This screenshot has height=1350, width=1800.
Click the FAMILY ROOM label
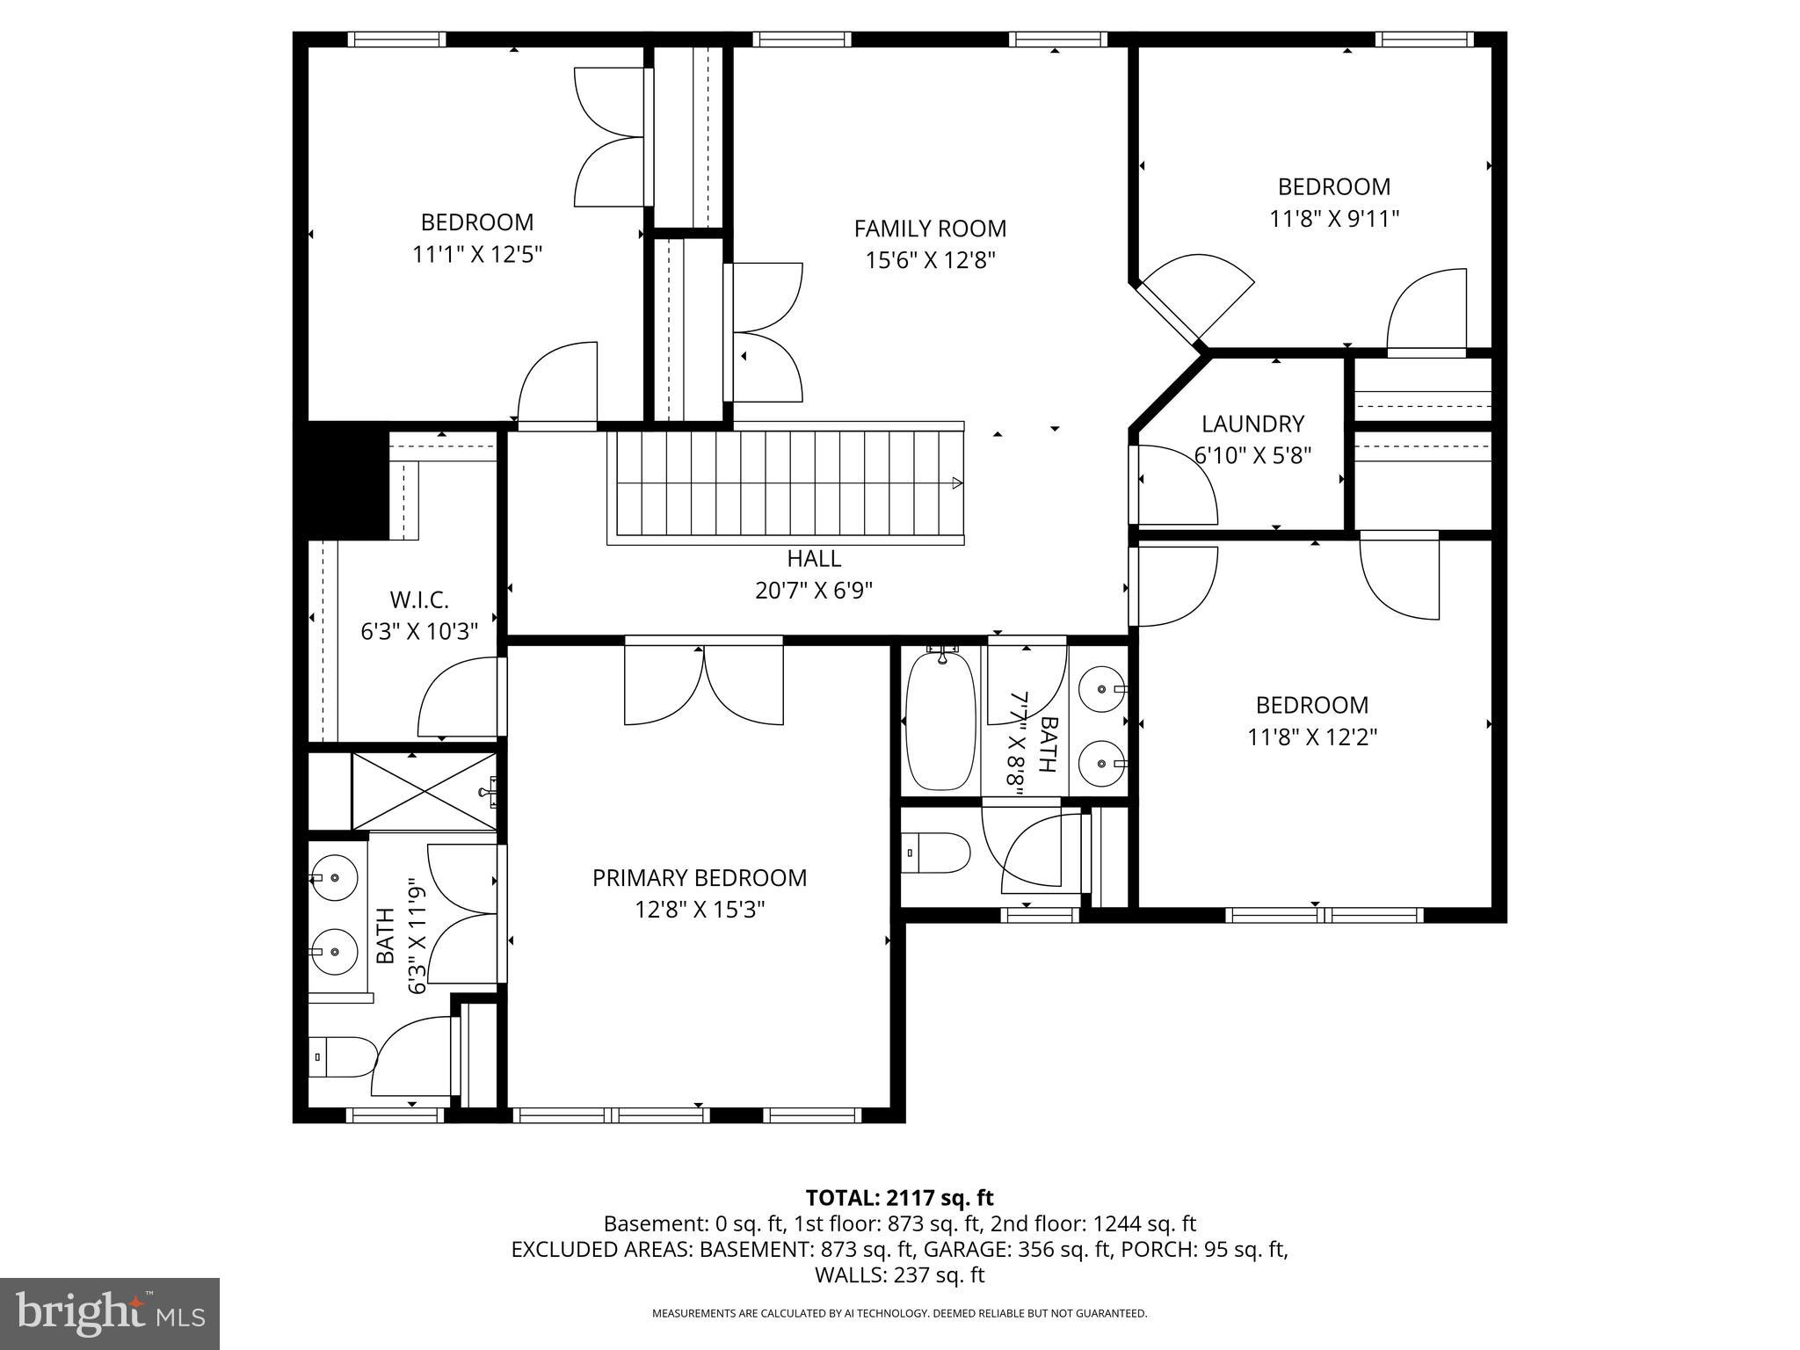point(930,229)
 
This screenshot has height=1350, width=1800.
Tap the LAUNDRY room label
point(1252,424)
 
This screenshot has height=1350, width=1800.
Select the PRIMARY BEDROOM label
point(699,877)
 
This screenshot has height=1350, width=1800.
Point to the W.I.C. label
point(419,600)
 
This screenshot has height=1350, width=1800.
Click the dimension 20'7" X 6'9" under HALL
point(813,590)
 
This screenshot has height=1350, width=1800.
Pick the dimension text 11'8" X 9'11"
point(1333,219)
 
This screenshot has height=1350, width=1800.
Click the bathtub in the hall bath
point(940,721)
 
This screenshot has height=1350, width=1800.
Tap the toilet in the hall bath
point(936,853)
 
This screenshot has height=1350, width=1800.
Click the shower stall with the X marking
point(425,791)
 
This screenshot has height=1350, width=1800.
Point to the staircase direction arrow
point(957,483)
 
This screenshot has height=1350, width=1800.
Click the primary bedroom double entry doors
point(704,686)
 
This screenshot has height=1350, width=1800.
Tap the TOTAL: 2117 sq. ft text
point(899,1197)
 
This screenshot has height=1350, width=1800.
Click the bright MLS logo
point(110,1314)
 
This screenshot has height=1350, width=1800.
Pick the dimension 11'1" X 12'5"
point(477,255)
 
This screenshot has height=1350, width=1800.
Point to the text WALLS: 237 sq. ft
point(899,1275)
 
